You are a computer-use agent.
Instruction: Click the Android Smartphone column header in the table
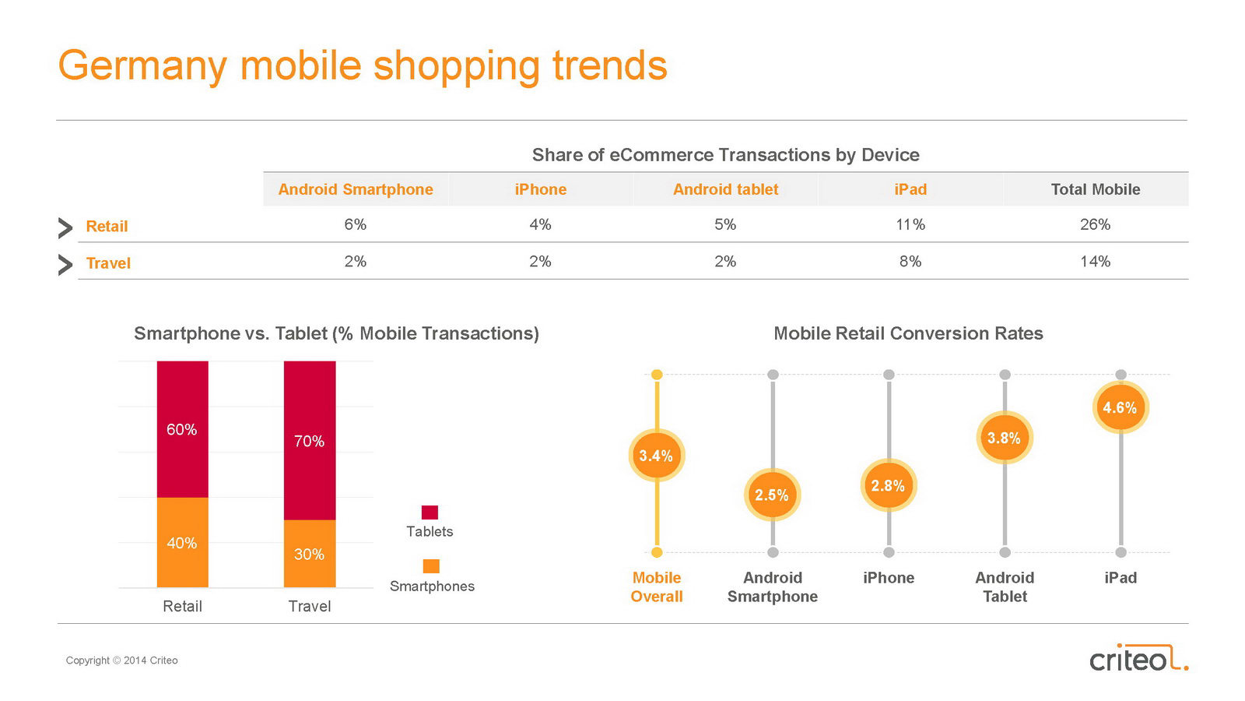coord(356,189)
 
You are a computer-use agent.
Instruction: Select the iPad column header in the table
coord(910,189)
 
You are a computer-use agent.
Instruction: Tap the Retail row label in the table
coord(107,227)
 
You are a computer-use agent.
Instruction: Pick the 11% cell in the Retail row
coord(910,225)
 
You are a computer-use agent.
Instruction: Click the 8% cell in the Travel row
coord(910,262)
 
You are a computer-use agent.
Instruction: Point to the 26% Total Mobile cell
coord(1095,225)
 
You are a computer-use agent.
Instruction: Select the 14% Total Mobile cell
coord(1095,262)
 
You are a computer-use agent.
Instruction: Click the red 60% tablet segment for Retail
coord(182,429)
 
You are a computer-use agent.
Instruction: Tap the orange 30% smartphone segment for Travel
coord(310,554)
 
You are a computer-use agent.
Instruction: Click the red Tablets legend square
coord(430,513)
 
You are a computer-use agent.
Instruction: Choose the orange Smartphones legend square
coord(431,566)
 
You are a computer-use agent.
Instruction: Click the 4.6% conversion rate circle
coord(1120,407)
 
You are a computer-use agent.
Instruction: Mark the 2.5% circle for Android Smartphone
coord(772,495)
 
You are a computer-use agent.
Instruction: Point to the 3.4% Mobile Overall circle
coord(656,456)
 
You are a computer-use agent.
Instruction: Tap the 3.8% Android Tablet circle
coord(1004,439)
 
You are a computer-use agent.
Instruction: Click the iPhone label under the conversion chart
coord(889,578)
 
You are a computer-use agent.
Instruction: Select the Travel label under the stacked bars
coord(310,606)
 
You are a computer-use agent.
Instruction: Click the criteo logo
coord(1138,659)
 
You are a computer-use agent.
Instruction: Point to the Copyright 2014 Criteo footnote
coord(122,660)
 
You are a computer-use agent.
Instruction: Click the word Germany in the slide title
coord(142,65)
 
